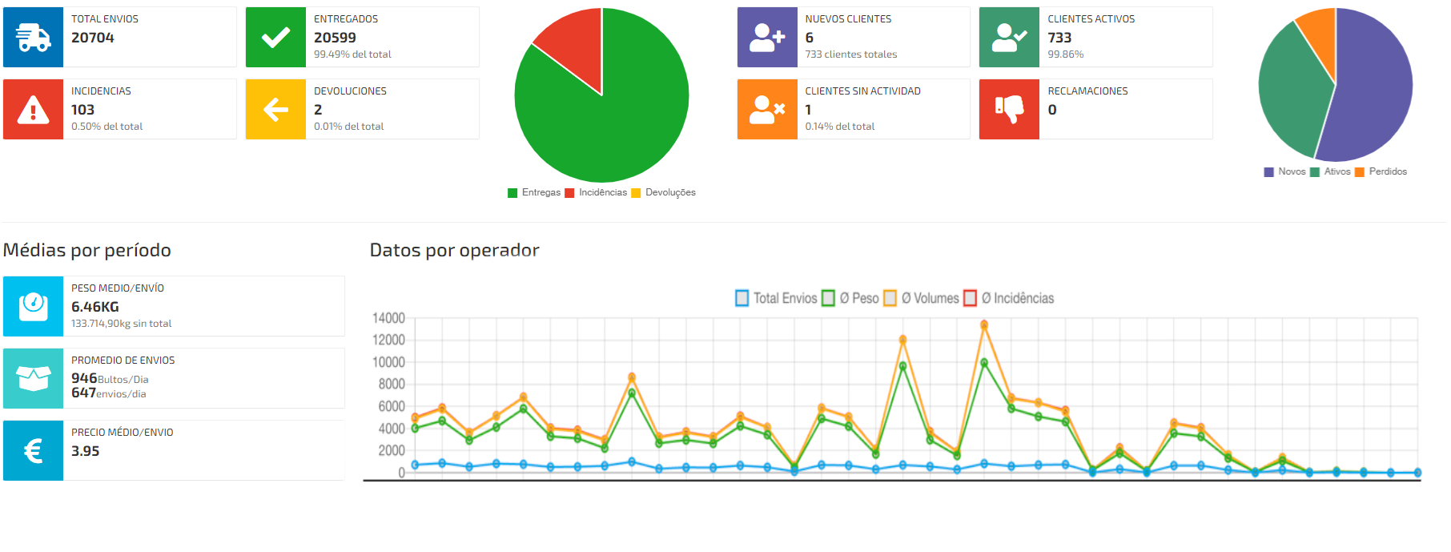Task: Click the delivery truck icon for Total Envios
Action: (x=33, y=37)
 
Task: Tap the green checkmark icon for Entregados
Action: (x=275, y=37)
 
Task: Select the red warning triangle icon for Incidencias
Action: (x=33, y=109)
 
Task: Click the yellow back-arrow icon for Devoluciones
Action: (x=275, y=109)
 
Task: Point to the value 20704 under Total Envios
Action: (x=93, y=38)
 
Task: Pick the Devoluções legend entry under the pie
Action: (x=664, y=192)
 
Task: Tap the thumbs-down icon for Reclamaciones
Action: (x=1009, y=109)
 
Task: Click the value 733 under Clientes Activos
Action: (x=1059, y=38)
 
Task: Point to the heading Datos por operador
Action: (x=454, y=250)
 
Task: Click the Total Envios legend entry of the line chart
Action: (x=776, y=298)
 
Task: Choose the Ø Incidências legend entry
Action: (x=1009, y=298)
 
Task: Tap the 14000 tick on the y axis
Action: (x=388, y=318)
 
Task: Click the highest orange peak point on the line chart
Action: (x=984, y=324)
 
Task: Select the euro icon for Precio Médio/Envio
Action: (x=33, y=450)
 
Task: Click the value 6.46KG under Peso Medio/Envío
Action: (x=95, y=307)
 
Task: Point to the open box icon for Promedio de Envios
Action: (x=33, y=378)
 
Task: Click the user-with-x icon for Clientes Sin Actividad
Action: (x=766, y=109)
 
